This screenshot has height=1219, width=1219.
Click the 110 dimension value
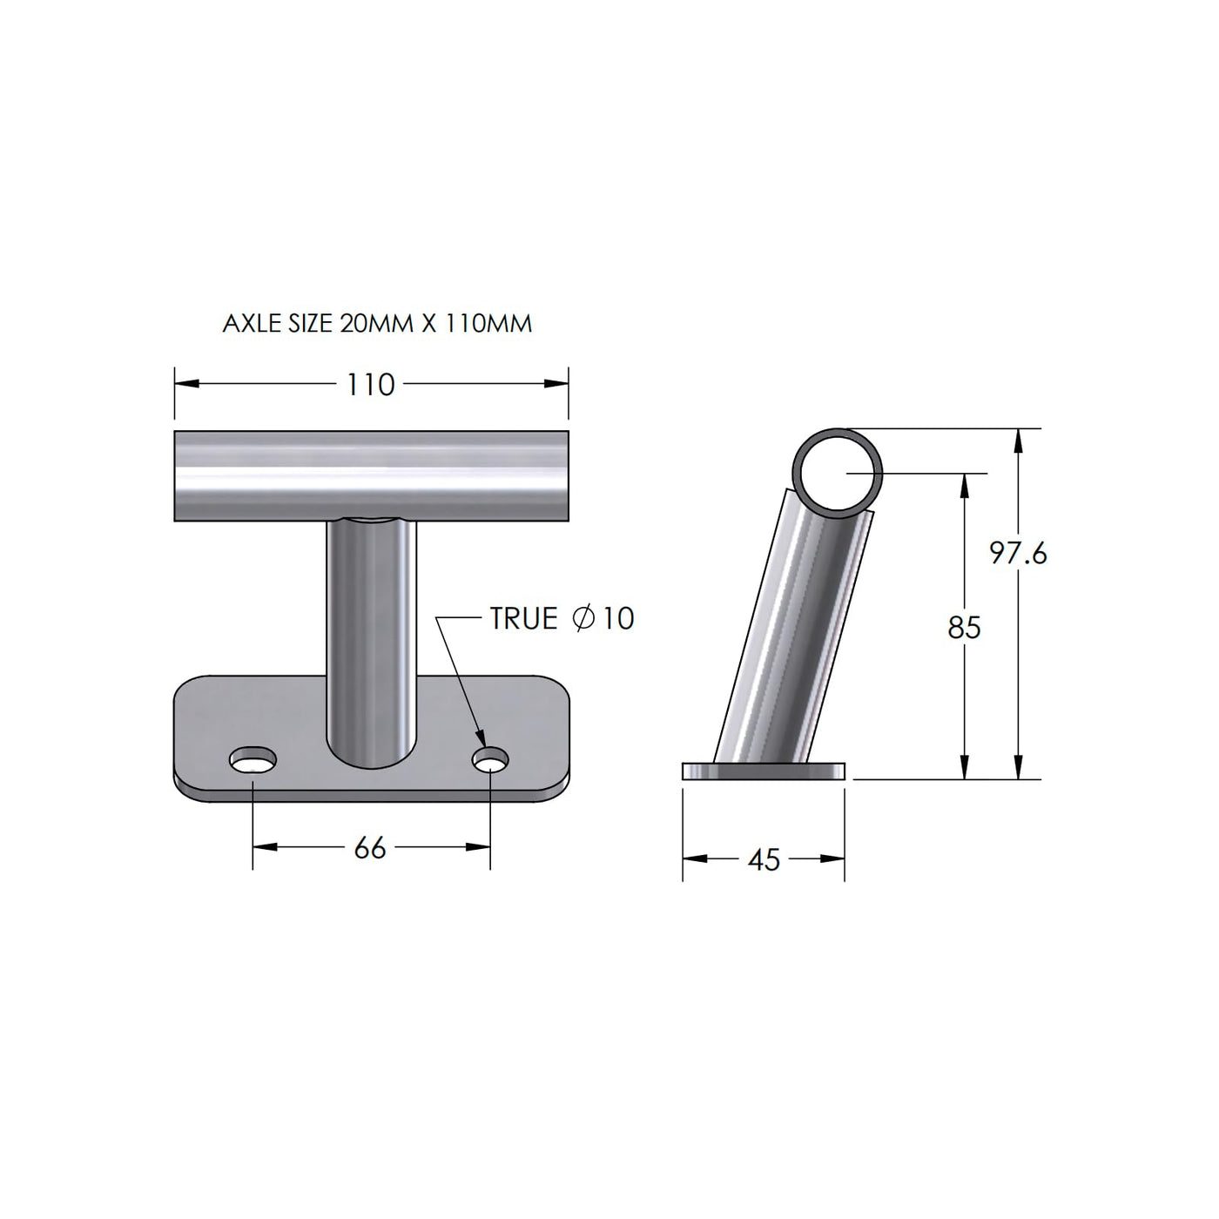370,385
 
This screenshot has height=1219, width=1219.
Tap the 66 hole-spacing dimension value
370,848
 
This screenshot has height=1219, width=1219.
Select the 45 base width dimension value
764,859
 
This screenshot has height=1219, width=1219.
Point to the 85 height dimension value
964,627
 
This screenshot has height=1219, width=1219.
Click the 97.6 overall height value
1019,554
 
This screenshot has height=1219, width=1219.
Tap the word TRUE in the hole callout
524,618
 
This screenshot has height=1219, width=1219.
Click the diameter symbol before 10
583,618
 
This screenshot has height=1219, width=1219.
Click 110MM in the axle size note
488,324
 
